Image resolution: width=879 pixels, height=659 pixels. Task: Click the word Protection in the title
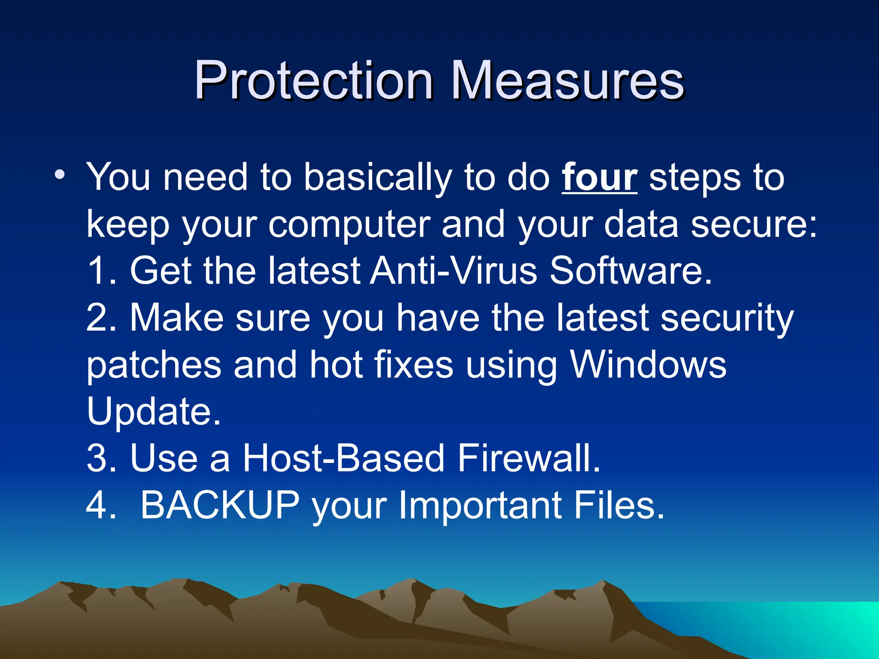(x=313, y=80)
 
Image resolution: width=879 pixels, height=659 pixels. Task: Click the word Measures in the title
(x=567, y=80)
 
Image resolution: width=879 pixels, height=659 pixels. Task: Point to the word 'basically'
(x=378, y=178)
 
